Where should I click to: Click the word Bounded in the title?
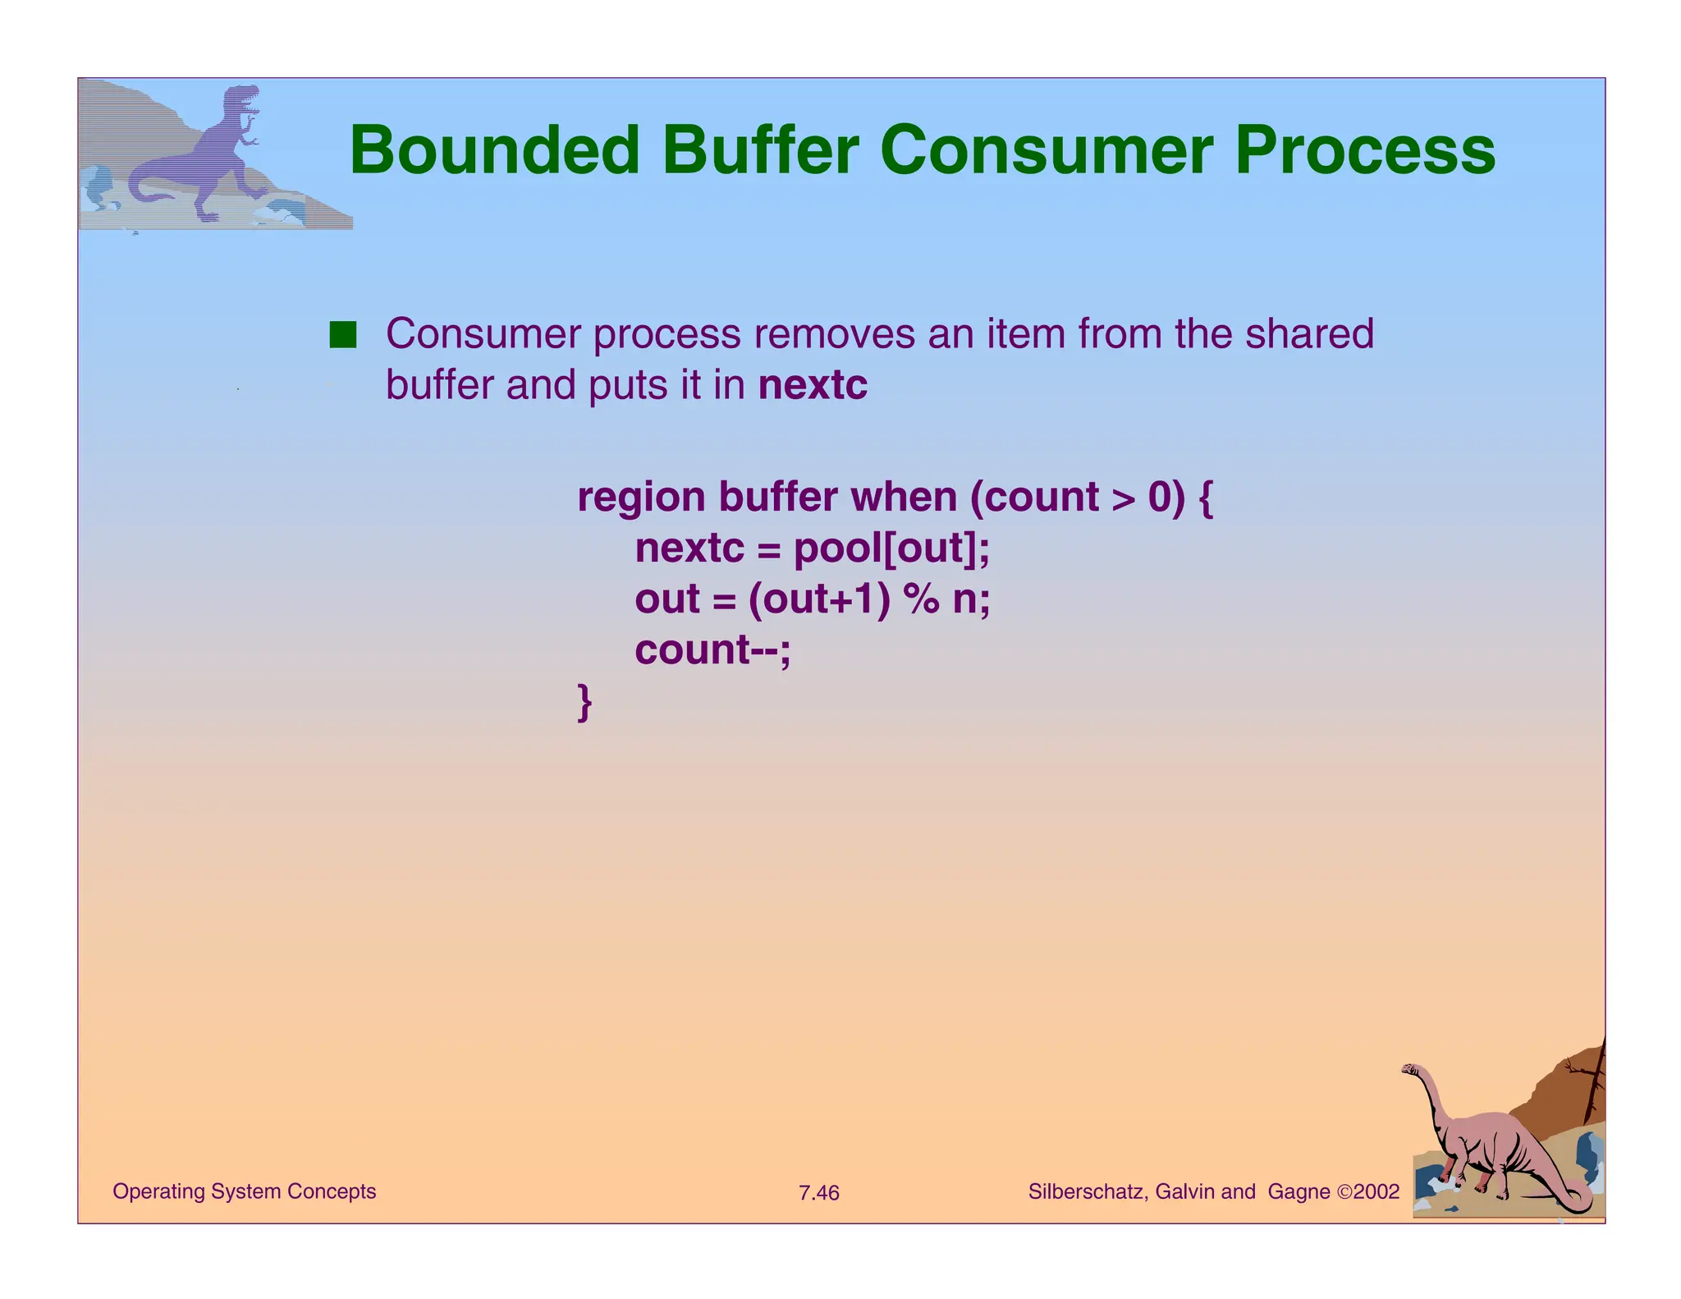494,150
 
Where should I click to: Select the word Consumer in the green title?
1046,150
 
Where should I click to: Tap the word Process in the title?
1364,150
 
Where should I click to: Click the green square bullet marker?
343,335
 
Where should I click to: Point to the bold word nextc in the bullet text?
813,385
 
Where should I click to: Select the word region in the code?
641,498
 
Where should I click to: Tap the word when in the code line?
903,498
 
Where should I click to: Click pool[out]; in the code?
892,549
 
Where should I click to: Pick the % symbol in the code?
921,599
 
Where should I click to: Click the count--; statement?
712,649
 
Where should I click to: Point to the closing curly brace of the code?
584,702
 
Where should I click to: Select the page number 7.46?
818,1192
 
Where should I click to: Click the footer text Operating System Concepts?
244,1191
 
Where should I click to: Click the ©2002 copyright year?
1368,1191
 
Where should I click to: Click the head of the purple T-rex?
241,99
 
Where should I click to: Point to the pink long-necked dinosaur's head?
1411,1070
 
